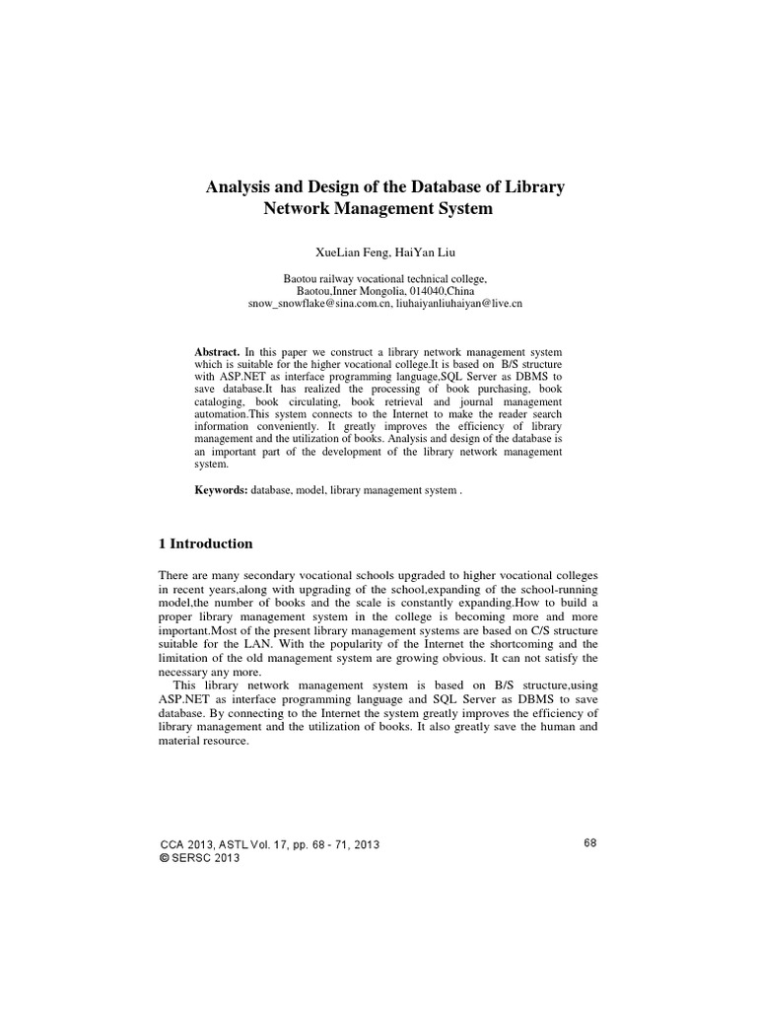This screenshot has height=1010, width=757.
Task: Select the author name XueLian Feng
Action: coord(343,252)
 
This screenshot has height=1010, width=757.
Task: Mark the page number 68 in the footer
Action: coord(591,842)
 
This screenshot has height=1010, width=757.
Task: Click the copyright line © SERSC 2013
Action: coord(199,858)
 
